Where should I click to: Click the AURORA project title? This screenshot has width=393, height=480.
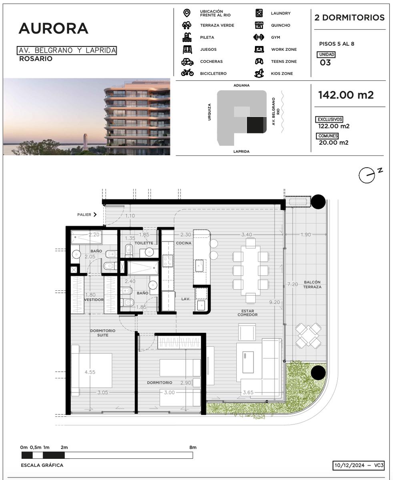tap(54, 28)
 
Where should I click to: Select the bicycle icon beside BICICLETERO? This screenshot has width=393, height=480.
tap(187, 73)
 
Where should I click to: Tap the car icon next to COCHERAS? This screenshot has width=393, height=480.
tap(187, 62)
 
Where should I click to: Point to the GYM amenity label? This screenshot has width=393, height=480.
tap(275, 37)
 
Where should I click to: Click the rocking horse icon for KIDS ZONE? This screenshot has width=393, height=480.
tap(259, 73)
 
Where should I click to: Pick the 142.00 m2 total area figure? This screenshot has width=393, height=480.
tap(346, 95)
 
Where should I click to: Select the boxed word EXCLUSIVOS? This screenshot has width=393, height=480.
tap(330, 119)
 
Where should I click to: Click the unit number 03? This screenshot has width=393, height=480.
tap(325, 62)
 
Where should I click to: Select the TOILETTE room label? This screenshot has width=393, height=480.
tap(144, 243)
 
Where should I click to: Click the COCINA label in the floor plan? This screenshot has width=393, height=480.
tap(184, 243)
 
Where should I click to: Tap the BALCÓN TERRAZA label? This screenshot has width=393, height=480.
tap(312, 284)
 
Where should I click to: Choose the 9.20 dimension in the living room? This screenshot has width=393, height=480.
tap(275, 302)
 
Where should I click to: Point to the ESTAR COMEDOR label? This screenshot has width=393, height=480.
tap(247, 313)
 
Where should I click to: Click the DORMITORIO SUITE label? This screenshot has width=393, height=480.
tap(103, 333)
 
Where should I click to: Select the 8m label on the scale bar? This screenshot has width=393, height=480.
tap(193, 447)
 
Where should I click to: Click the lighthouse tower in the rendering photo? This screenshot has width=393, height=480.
tap(85, 142)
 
